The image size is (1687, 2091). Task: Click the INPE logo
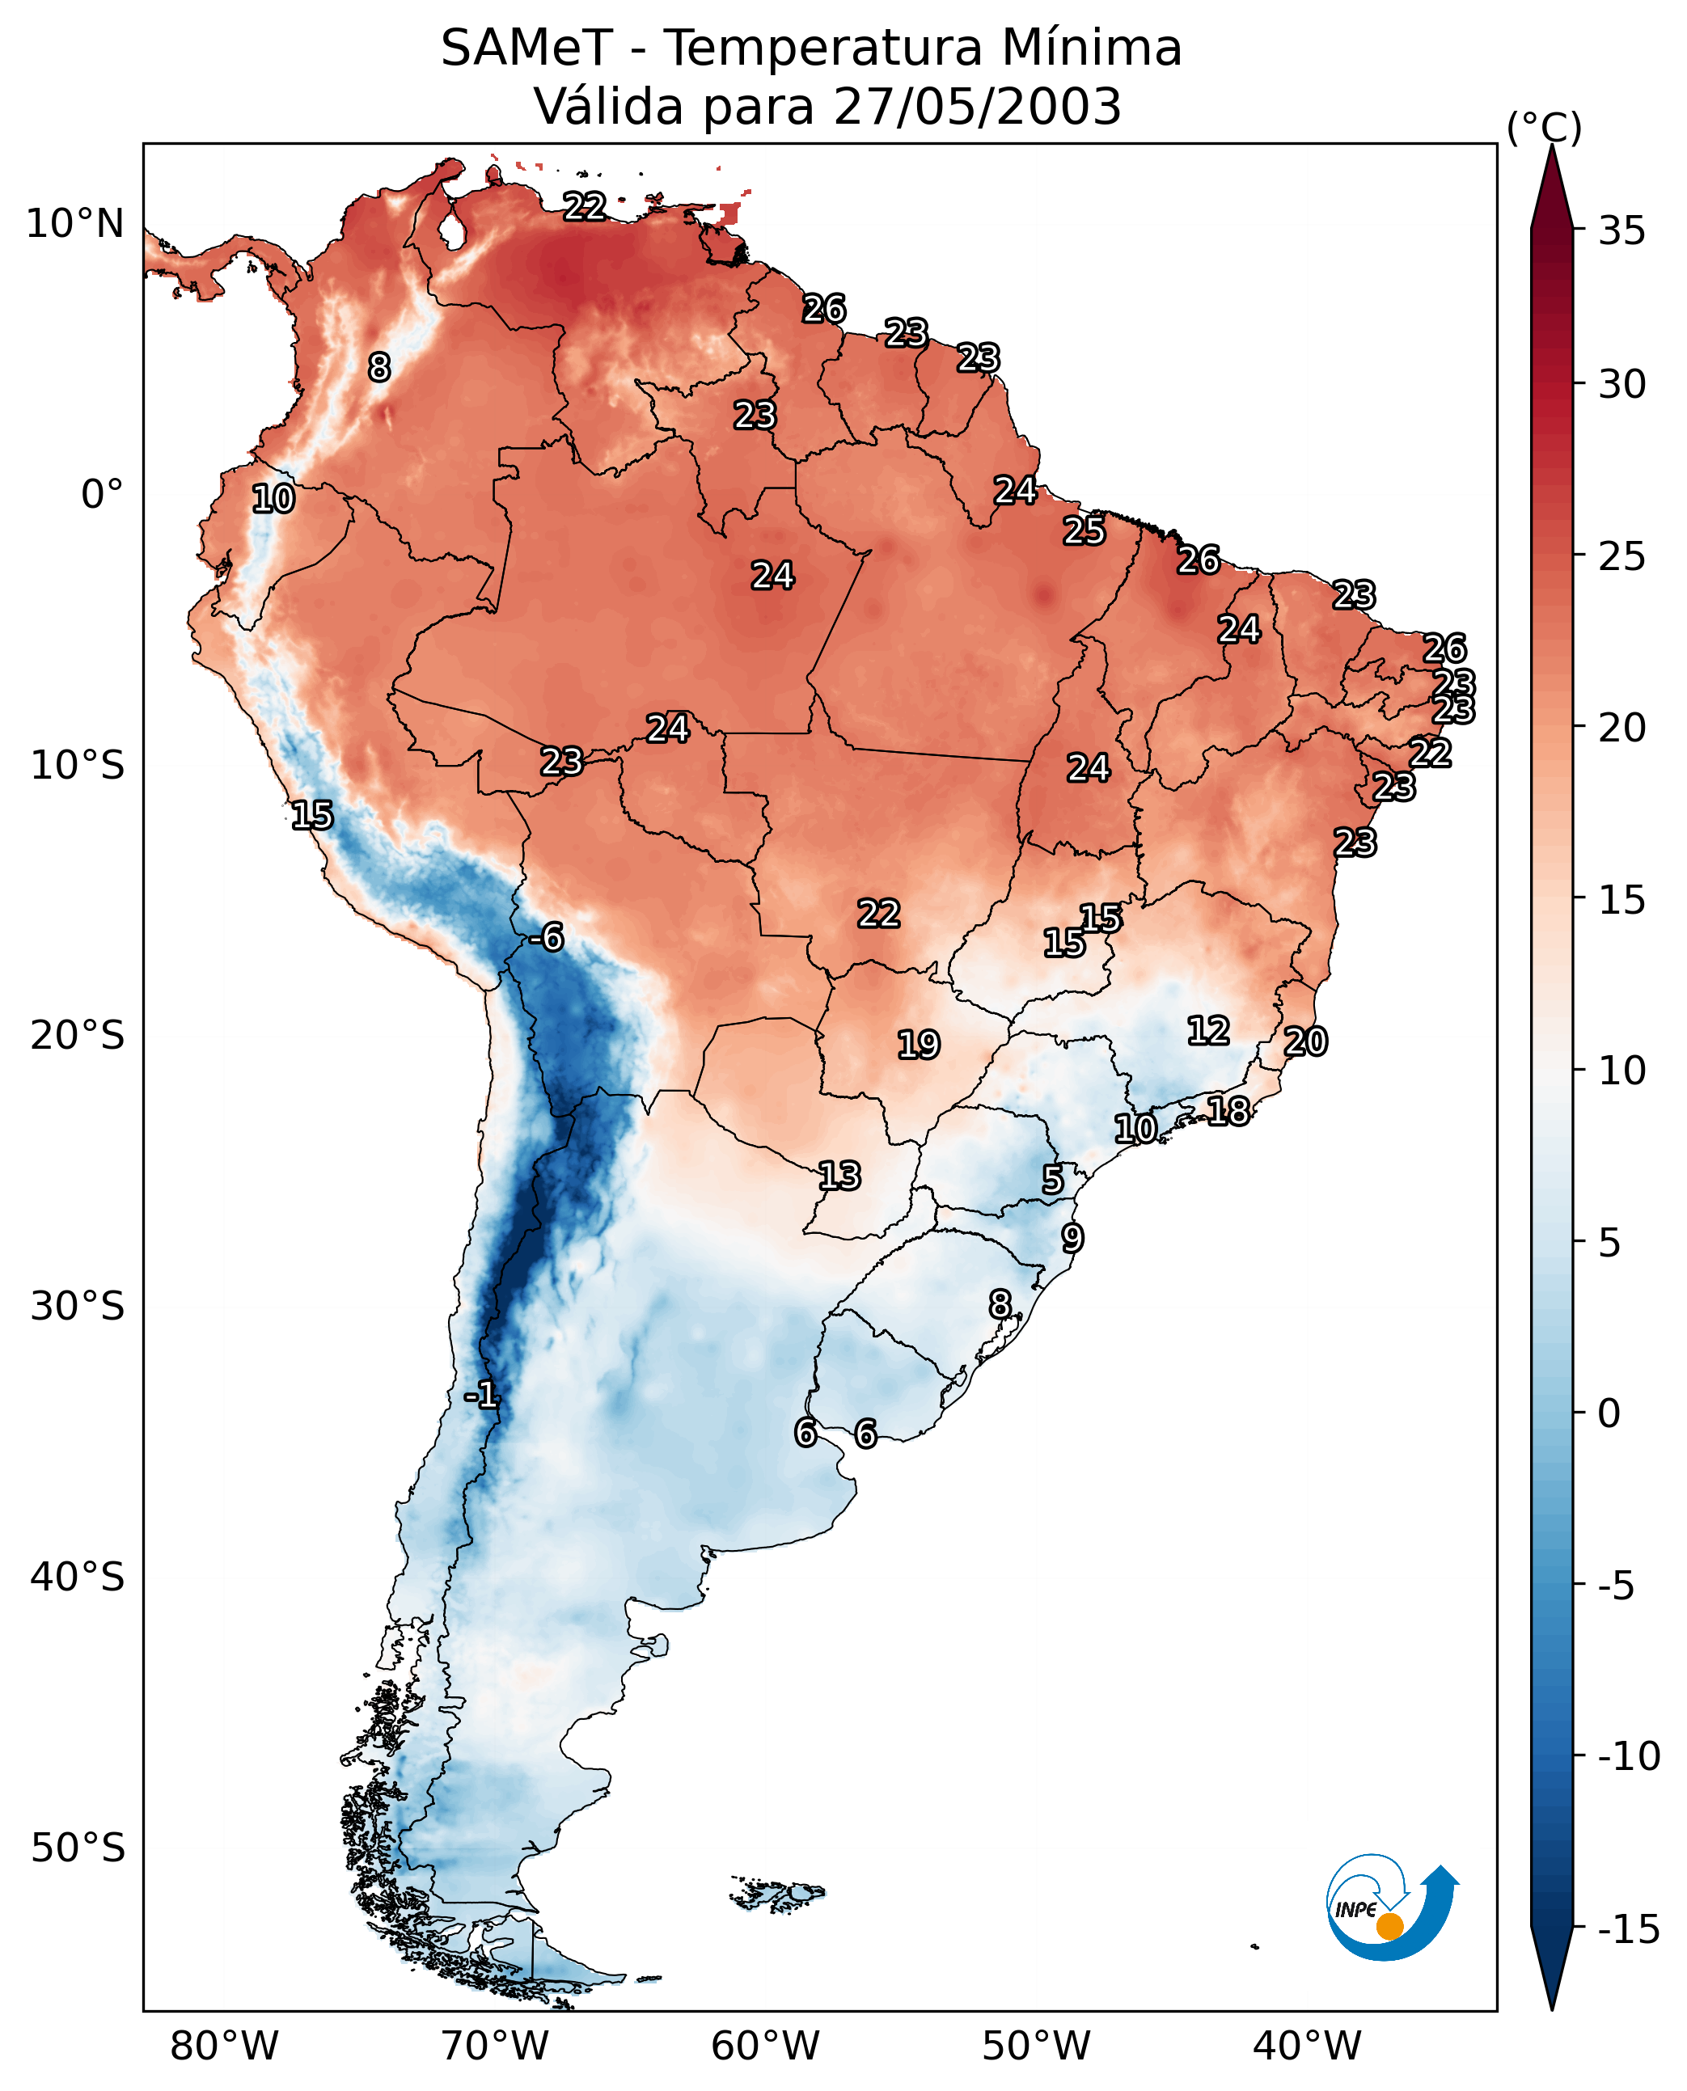(x=1392, y=1907)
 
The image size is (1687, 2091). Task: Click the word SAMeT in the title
(x=526, y=49)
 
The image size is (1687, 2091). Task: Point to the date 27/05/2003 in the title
(x=978, y=106)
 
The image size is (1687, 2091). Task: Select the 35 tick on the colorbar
(x=1621, y=231)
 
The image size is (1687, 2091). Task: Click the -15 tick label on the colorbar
(x=1628, y=1930)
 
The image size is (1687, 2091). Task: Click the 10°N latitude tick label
(x=75, y=225)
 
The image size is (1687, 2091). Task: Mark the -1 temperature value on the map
(x=481, y=1396)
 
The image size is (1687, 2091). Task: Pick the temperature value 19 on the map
(x=919, y=1045)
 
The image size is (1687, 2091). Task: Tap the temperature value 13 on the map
(x=839, y=1176)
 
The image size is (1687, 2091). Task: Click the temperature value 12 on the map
(x=1208, y=1030)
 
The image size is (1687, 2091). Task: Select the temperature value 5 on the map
(x=1052, y=1180)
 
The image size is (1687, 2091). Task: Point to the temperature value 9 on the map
(x=1072, y=1238)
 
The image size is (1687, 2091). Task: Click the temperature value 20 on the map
(x=1305, y=1041)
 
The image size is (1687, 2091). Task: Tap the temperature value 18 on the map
(x=1228, y=1111)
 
